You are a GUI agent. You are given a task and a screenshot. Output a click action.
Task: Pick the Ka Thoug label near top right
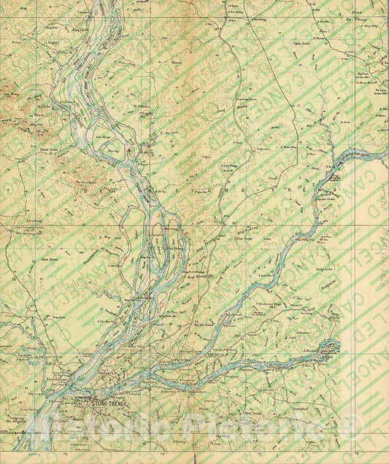358,21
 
